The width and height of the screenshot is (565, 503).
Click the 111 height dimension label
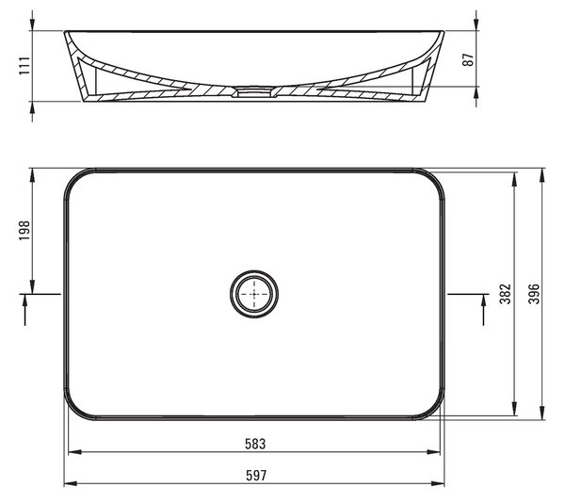click(24, 66)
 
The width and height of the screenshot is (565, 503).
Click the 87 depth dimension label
click(468, 59)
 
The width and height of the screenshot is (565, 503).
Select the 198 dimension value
click(24, 231)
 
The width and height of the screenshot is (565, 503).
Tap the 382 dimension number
click(505, 294)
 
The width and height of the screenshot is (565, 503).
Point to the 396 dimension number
click(534, 294)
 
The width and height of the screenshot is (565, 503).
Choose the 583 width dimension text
click(255, 444)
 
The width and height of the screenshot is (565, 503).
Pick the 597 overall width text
click(256, 476)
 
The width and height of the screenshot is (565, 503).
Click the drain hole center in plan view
click(254, 294)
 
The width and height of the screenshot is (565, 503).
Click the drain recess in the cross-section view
click(254, 91)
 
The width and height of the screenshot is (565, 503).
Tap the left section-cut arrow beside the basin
click(24, 310)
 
